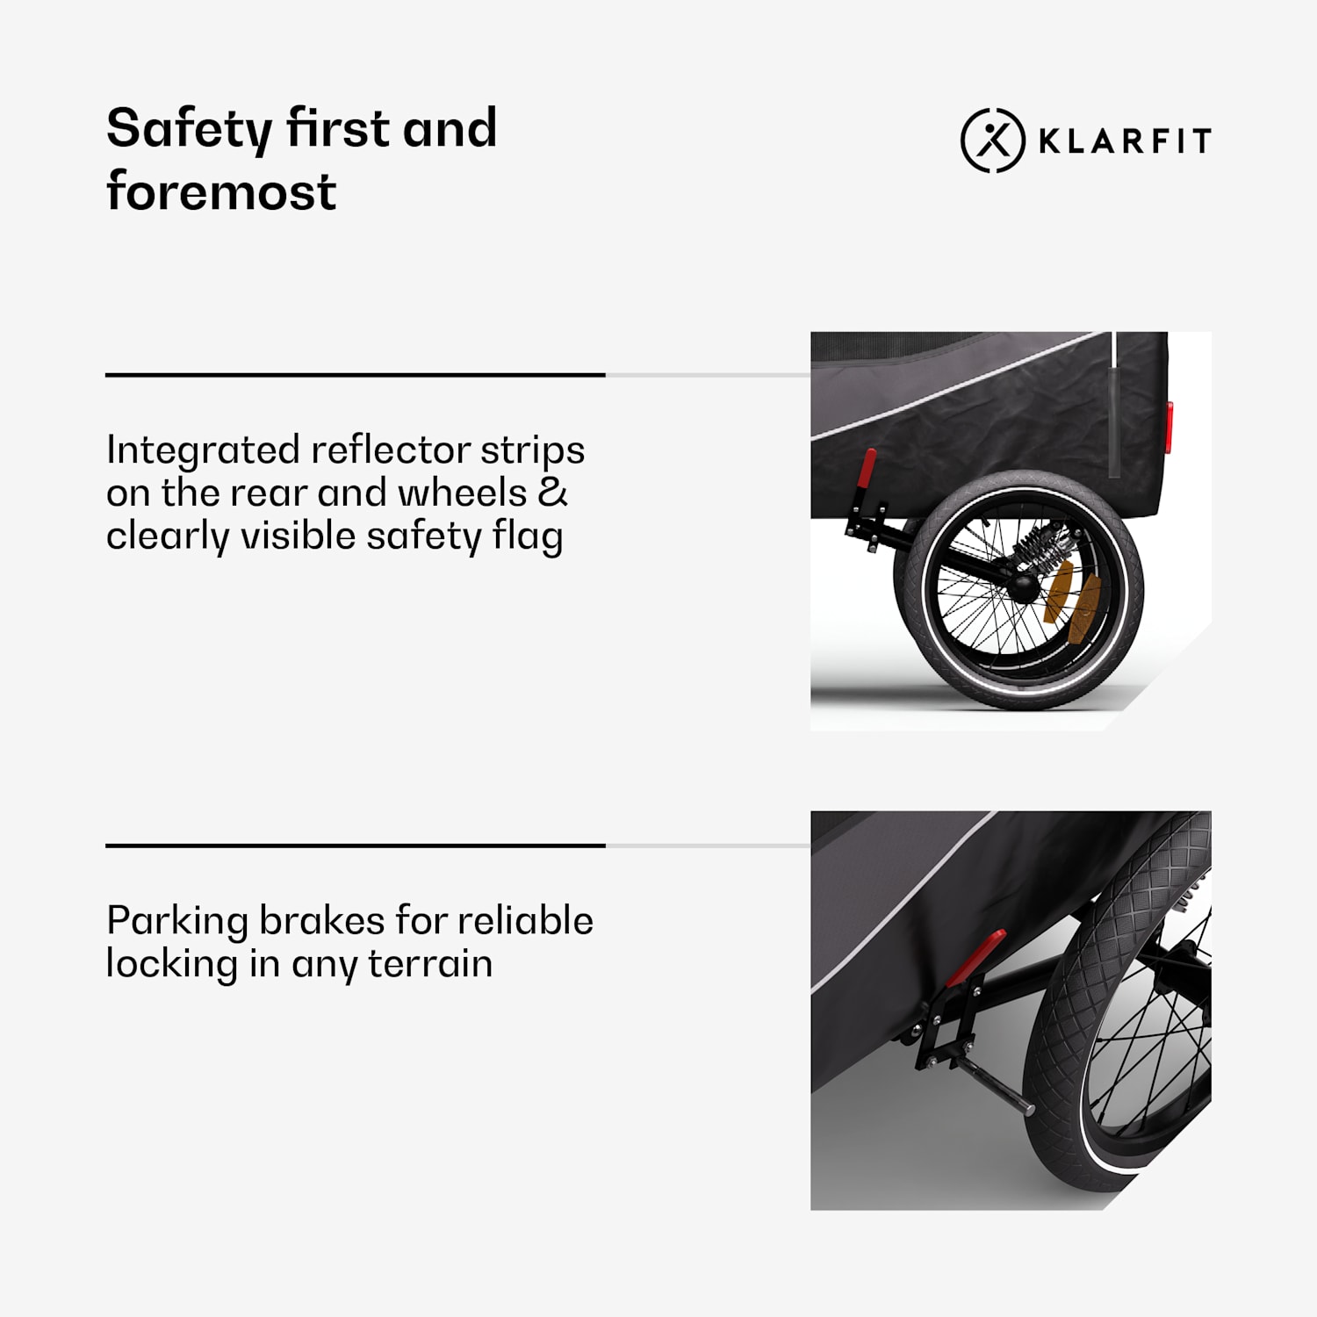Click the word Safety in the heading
point(189,130)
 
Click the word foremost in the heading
point(221,191)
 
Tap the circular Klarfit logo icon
point(993,140)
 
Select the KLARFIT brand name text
point(1126,141)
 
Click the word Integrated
point(203,450)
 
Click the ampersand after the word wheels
point(552,493)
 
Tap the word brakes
point(322,921)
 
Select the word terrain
point(430,964)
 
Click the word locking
point(172,964)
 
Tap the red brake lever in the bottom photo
point(975,958)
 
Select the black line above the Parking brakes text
point(356,846)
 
